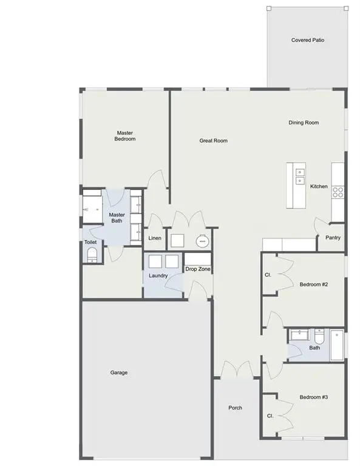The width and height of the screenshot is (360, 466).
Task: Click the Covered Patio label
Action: point(307,41)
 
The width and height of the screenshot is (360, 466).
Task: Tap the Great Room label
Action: point(214,141)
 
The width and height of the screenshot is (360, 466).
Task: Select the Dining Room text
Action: point(304,123)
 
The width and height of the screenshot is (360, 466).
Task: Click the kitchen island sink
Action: point(299,177)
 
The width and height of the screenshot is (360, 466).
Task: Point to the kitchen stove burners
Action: point(338,192)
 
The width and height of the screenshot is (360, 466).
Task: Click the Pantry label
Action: point(333,238)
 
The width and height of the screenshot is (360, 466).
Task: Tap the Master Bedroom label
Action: point(125,136)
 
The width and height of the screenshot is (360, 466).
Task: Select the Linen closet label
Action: point(155,238)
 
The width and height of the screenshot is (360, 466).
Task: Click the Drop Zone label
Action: point(198,269)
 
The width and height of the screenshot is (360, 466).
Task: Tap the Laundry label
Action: point(158,276)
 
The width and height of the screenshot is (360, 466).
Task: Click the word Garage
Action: point(119,373)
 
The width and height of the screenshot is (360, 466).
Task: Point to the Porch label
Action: point(235,408)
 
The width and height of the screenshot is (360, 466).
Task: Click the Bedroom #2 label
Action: point(314,285)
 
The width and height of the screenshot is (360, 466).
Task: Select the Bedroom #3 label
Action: point(314,397)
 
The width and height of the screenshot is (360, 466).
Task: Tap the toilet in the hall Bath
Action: point(319,336)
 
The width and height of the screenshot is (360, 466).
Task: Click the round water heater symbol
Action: point(202,241)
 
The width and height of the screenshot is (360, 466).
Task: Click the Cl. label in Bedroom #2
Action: point(268,275)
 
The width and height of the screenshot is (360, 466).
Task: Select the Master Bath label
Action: point(117,217)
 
